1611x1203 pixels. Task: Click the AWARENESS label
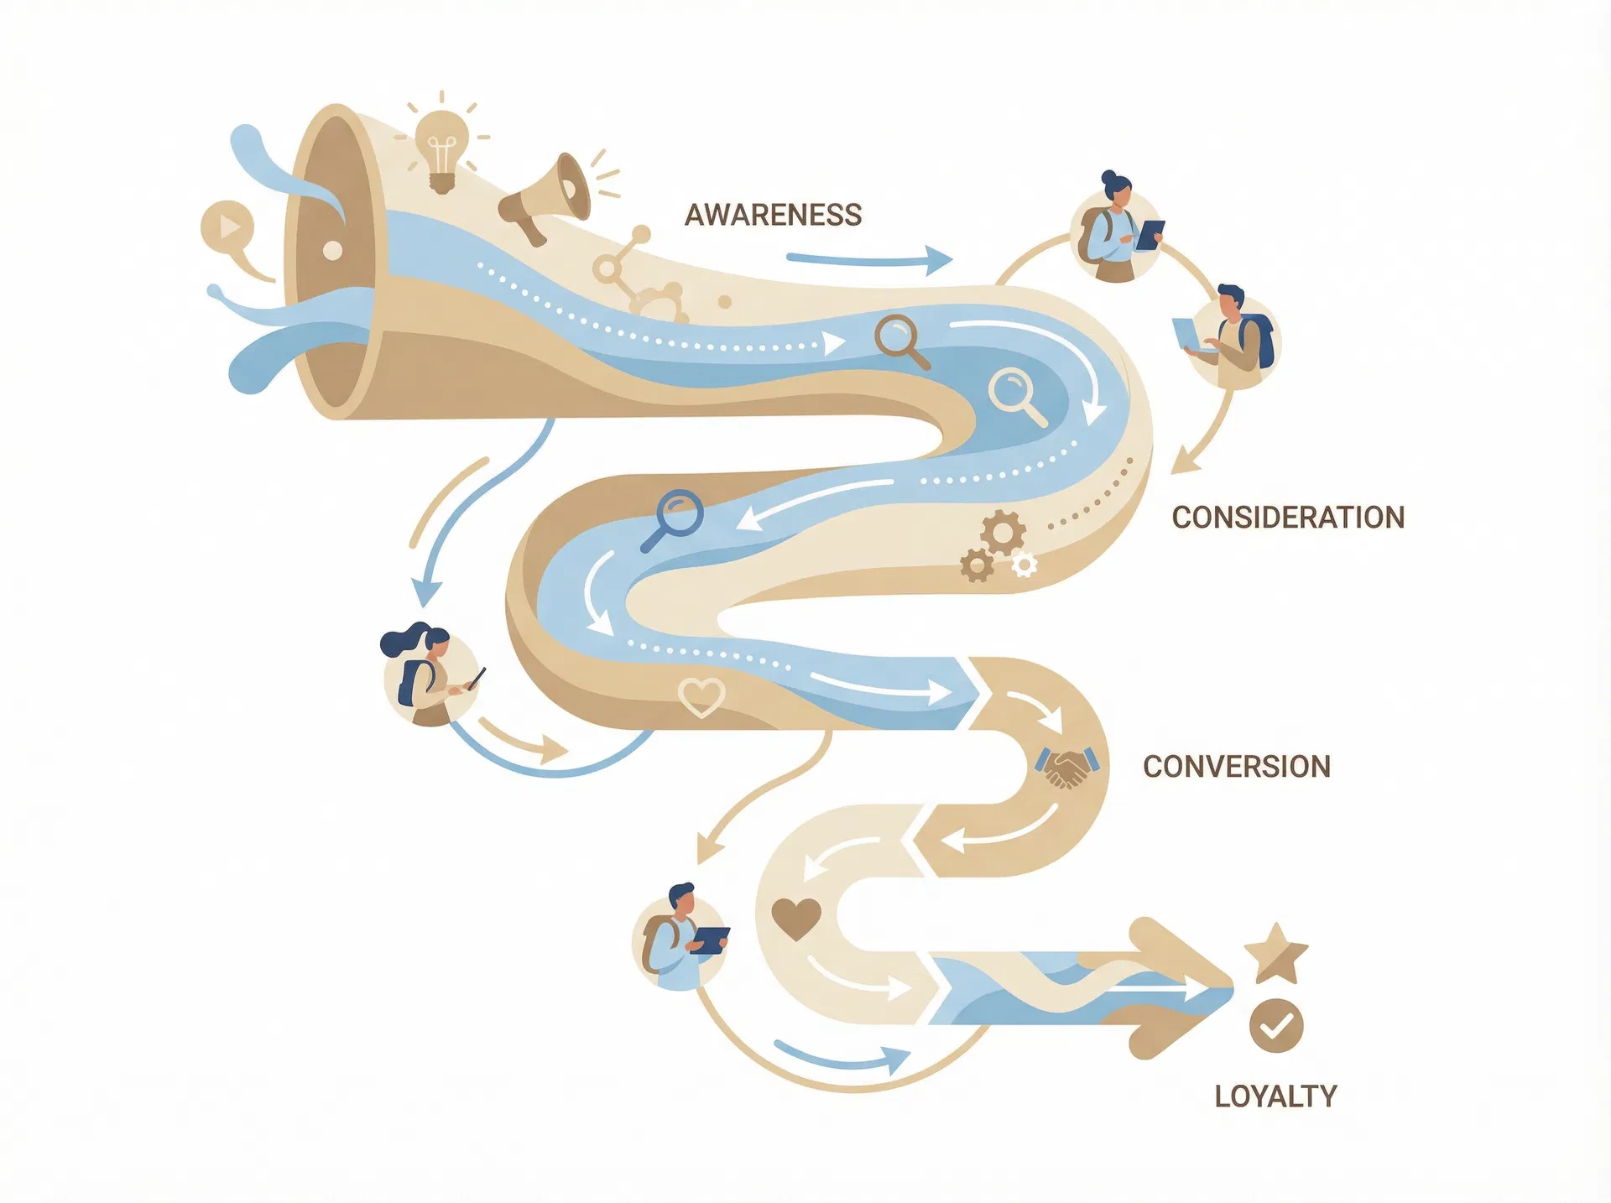(x=773, y=216)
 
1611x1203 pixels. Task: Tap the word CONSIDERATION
(x=1288, y=518)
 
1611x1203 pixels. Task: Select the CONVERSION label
(x=1236, y=767)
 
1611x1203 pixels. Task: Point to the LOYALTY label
(x=1275, y=1096)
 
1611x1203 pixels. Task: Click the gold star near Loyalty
(x=1275, y=953)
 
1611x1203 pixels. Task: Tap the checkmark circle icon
(x=1276, y=1025)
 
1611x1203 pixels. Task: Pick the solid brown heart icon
(x=795, y=918)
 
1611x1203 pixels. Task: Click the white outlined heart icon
(x=701, y=696)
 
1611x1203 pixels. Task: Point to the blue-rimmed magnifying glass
(x=675, y=518)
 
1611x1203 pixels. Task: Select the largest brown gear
(x=1003, y=531)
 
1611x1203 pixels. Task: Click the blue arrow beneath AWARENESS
(x=868, y=260)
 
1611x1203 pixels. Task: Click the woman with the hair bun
(x=1115, y=231)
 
